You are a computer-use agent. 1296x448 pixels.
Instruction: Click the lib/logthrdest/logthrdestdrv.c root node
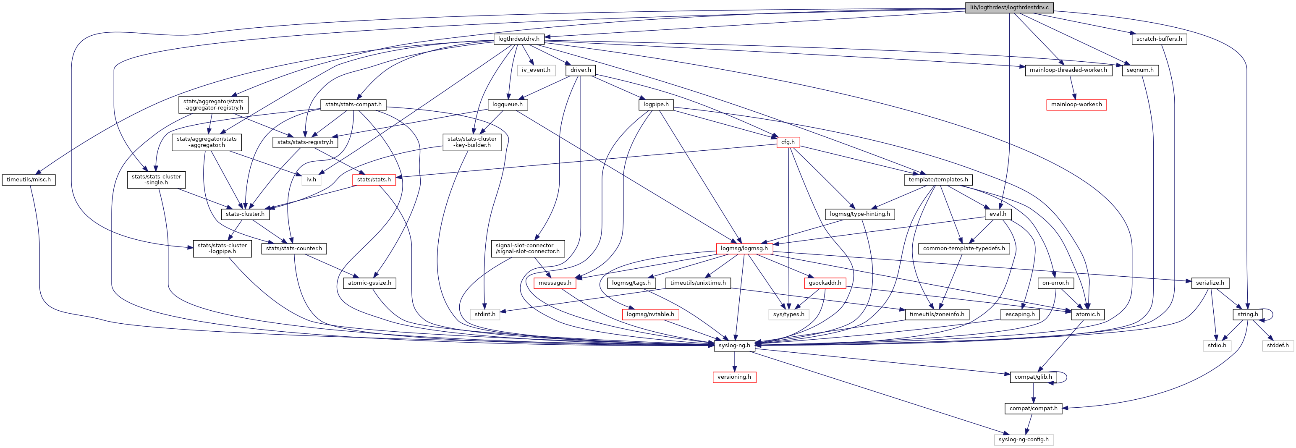coord(1009,8)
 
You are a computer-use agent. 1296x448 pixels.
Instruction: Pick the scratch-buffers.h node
coord(1159,39)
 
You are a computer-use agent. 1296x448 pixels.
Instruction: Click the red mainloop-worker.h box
coord(1076,105)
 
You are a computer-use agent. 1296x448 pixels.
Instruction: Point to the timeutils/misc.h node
coord(29,180)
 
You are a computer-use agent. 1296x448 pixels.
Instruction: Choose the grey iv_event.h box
coord(536,70)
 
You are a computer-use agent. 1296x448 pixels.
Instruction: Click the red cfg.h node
coord(788,142)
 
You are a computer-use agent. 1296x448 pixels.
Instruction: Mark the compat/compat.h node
coord(1033,408)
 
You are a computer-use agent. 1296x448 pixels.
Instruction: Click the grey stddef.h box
coord(1278,345)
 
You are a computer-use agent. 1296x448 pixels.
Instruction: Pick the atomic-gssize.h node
coord(369,283)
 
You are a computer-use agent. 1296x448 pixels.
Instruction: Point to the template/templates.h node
coord(938,180)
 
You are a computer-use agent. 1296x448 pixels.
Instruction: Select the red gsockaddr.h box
coord(825,283)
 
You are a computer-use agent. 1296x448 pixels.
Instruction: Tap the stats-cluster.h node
coord(245,214)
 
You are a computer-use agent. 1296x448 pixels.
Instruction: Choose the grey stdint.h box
coord(485,314)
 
